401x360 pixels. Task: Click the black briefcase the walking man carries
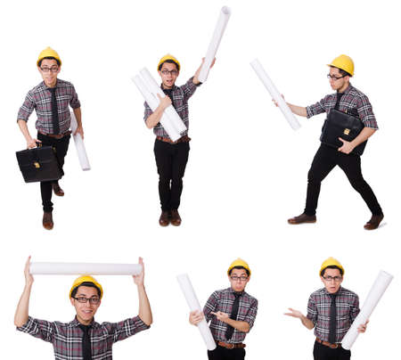pyautogui.click(x=37, y=163)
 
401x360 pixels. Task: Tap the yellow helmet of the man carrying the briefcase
pyautogui.click(x=49, y=56)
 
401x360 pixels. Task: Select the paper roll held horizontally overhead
pyautogui.click(x=86, y=268)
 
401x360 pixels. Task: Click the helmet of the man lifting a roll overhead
pyautogui.click(x=86, y=284)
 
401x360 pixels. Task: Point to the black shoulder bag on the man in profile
pyautogui.click(x=342, y=129)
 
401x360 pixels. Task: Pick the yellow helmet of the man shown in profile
pyautogui.click(x=341, y=64)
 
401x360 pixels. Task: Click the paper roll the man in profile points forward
pyautogui.click(x=274, y=93)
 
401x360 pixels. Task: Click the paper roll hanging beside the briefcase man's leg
pyautogui.click(x=81, y=151)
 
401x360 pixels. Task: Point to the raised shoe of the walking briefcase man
pyautogui.click(x=58, y=189)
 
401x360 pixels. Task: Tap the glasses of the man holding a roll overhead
pyautogui.click(x=86, y=299)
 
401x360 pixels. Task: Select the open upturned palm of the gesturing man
pyautogui.click(x=291, y=313)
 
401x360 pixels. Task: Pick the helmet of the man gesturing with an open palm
pyautogui.click(x=331, y=265)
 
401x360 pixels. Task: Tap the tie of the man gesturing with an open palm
pyautogui.click(x=332, y=317)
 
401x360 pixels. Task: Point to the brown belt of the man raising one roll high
pyautogui.click(x=171, y=138)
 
